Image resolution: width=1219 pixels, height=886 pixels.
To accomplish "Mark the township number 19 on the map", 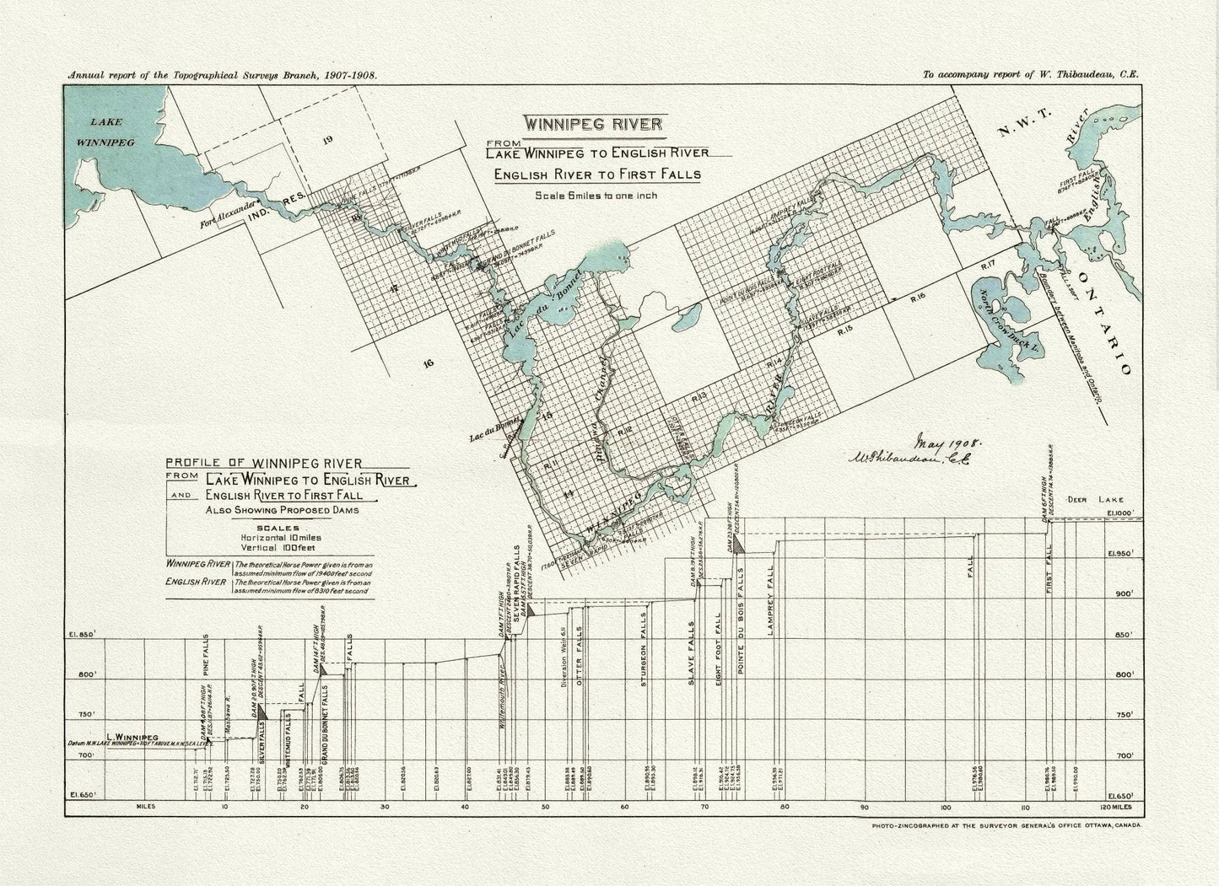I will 328,140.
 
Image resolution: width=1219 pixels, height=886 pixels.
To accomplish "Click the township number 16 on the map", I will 428,363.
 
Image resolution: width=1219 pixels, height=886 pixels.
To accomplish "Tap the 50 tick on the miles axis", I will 546,807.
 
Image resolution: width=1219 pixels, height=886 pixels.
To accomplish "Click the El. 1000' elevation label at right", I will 1123,513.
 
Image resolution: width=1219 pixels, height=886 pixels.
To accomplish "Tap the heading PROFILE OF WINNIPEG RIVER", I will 264,462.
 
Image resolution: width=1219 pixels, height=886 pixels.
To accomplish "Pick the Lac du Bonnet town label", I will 494,438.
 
